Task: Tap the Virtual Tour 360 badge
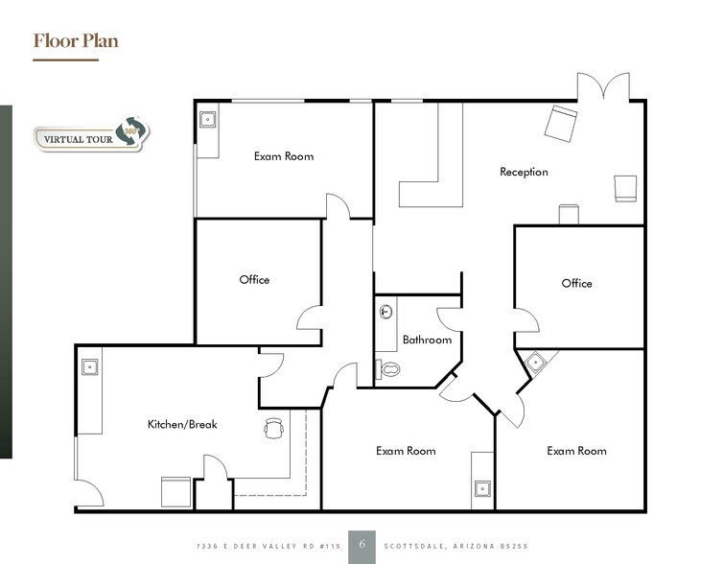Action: point(91,137)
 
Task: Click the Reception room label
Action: point(524,173)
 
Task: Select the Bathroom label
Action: point(427,340)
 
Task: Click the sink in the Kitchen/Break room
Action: point(89,365)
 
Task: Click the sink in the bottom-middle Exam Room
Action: point(480,490)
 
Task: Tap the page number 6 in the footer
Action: point(362,543)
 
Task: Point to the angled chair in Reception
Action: point(561,123)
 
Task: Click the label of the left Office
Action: point(254,280)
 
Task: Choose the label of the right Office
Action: point(576,283)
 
